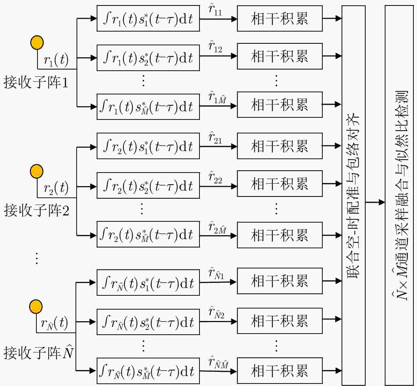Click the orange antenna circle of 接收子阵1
tap(37, 42)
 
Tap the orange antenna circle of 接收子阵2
tap(37, 171)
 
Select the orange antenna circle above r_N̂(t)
tap(36, 306)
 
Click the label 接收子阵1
tap(36, 82)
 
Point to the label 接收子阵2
tap(37, 210)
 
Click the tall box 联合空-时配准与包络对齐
tap(353, 196)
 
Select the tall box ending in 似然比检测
tap(399, 196)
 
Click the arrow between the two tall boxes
tap(375, 202)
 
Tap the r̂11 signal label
tap(215, 10)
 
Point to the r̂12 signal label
tap(215, 47)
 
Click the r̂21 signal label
tap(215, 138)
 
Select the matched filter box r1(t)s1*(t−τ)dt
tap(148, 19)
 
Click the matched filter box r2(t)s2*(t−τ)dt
tap(148, 185)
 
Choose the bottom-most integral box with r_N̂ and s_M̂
tap(148, 371)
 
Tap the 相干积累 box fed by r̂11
tap(280, 19)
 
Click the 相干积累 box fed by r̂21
tap(280, 146)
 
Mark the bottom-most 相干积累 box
tap(280, 371)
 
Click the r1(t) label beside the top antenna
tap(56, 60)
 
